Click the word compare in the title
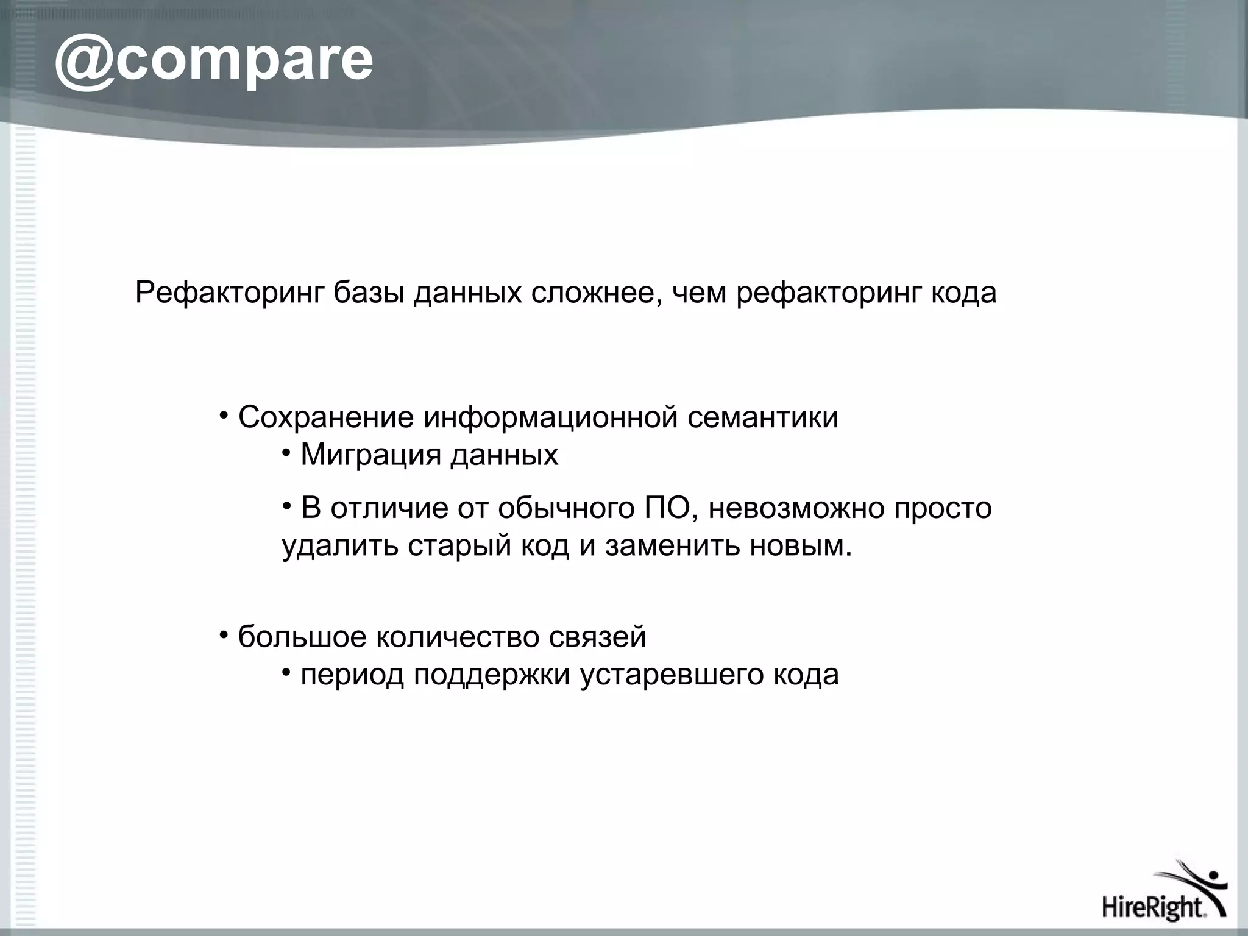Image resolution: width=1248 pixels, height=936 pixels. point(244,61)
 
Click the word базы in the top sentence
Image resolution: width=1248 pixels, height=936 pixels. point(369,293)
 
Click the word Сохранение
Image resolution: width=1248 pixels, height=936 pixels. point(325,418)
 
